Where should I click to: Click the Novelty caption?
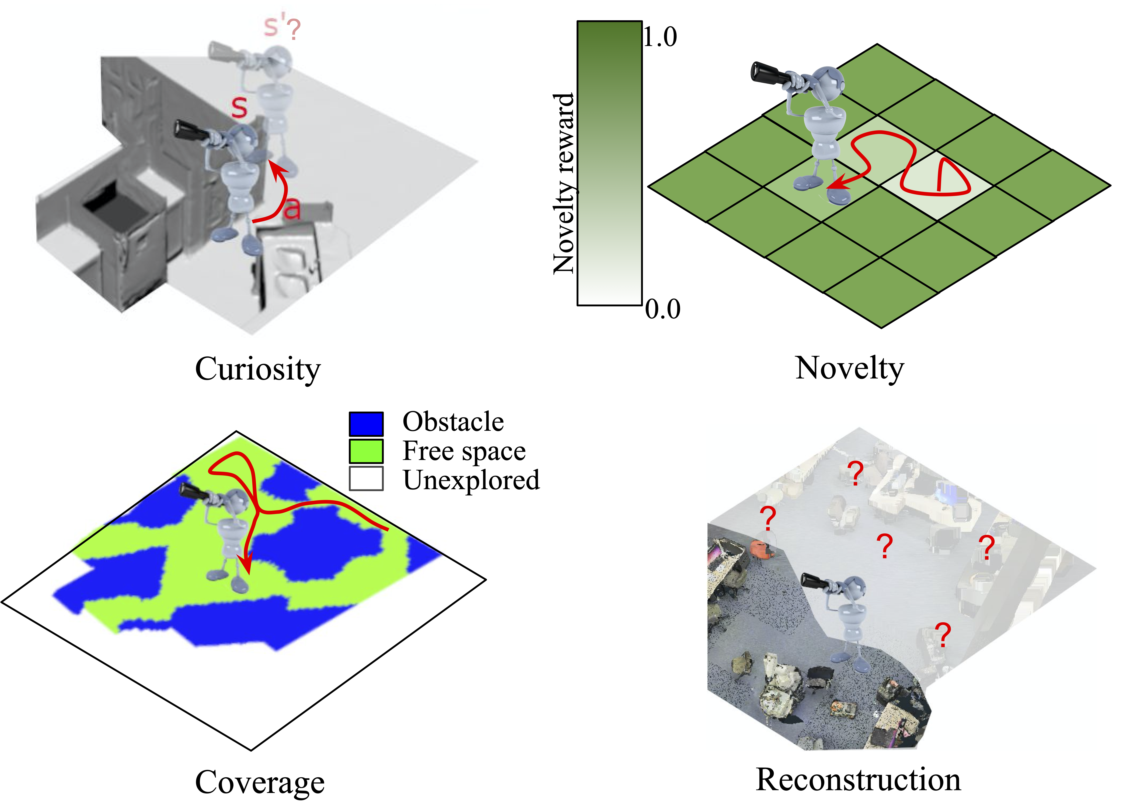[850, 369]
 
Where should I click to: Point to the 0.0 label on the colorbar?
[662, 309]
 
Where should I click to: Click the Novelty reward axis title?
[563, 183]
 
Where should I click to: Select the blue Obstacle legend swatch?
[366, 424]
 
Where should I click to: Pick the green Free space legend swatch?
[366, 451]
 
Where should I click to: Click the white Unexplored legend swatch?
[366, 479]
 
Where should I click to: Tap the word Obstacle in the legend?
[453, 422]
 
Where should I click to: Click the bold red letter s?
[239, 107]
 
